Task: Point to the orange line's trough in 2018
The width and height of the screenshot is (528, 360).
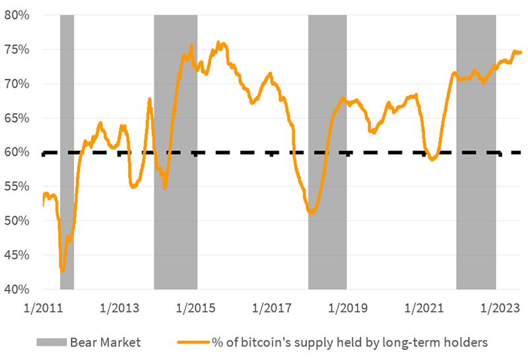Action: coord(312,213)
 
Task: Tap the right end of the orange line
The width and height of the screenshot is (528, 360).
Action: coord(521,52)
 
